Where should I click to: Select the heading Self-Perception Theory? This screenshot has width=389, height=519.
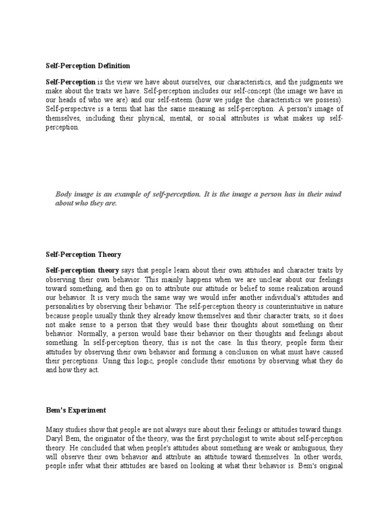pos(84,254)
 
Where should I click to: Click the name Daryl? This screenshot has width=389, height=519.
pos(54,437)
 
